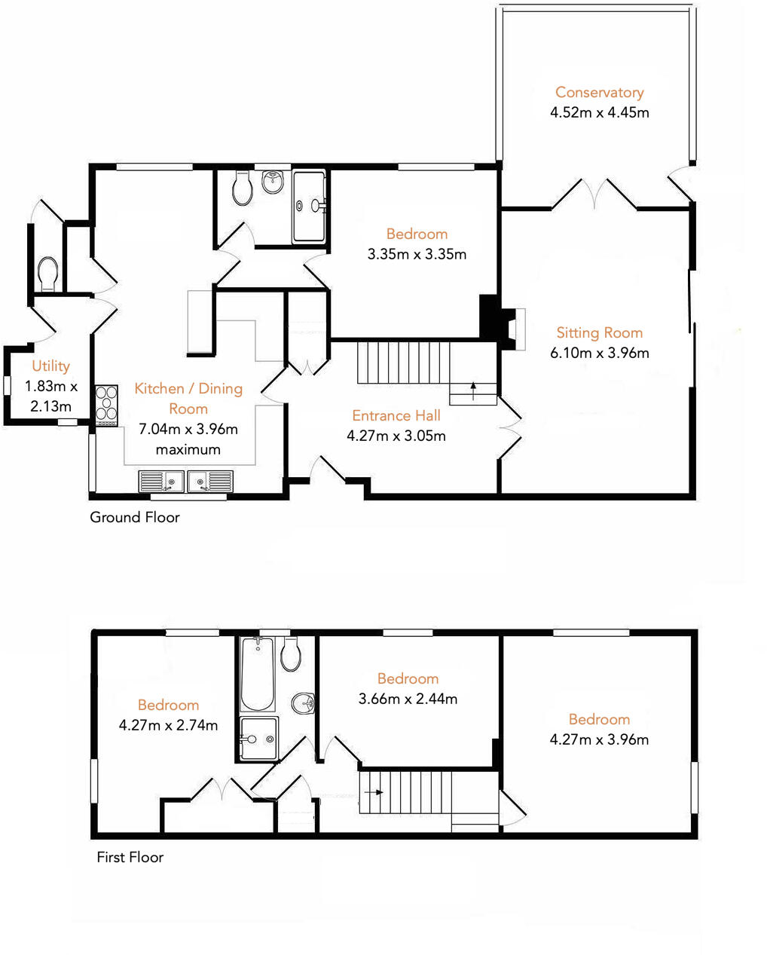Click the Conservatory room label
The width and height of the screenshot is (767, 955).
tap(599, 92)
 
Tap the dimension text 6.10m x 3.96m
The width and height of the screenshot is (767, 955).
tap(599, 353)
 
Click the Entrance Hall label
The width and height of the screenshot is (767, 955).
tap(396, 415)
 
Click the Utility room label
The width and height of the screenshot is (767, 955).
tap(50, 366)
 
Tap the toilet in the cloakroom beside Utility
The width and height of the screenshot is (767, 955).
tap(47, 275)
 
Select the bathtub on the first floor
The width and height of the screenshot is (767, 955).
tap(257, 674)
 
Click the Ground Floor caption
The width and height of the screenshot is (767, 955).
tap(135, 517)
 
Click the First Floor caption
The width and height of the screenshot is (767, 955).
tap(130, 857)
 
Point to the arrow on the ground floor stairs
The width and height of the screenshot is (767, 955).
tap(473, 390)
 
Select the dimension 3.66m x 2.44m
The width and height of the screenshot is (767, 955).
tap(408, 699)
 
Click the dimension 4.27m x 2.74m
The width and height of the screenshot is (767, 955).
tap(168, 725)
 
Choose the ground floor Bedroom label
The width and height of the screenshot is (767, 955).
tap(417, 234)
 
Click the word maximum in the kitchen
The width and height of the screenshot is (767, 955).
tap(188, 449)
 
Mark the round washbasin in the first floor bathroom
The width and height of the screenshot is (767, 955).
tap(304, 702)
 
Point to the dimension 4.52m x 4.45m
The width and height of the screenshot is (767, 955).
tap(599, 112)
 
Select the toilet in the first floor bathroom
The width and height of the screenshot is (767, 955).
tap(291, 654)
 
